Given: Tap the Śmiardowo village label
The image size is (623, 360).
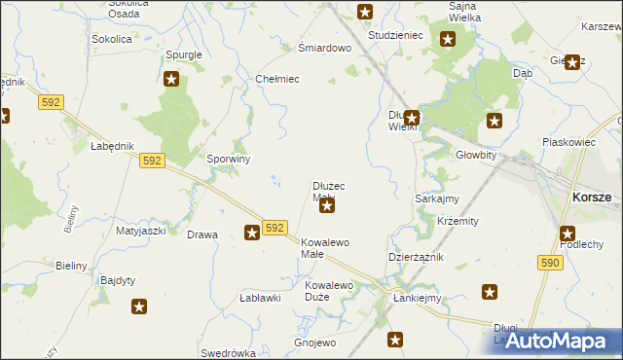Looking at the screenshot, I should pos(323,48).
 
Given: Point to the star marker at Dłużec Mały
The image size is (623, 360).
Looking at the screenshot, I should pos(327,204).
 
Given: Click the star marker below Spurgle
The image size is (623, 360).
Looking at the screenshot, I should pos(171,79).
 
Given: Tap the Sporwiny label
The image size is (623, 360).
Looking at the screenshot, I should pos(229,159).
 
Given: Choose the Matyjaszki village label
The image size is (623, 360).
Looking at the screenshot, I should pos(141,232).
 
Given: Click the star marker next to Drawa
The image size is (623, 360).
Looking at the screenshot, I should pos(251,232).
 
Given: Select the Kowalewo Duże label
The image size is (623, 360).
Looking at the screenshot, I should pos(329,291).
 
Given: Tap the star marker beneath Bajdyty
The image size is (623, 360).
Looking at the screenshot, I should pos(139,306).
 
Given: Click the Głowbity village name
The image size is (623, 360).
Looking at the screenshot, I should pos(476,155).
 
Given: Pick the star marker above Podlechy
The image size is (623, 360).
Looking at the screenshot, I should pos(568,233).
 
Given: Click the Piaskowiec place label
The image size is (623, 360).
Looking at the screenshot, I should pos(568,142).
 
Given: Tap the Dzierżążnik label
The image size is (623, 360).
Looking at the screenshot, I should pos(416,257).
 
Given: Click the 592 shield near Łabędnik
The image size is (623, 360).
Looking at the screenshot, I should pos(150,161).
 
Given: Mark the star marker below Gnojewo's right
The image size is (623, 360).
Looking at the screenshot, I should pos(395,340).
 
